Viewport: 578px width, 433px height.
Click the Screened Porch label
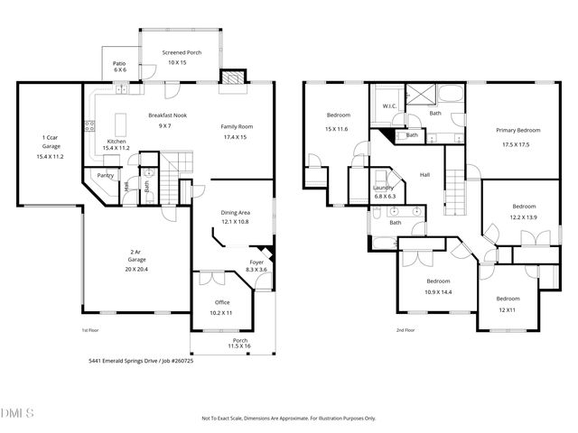(x=182, y=53)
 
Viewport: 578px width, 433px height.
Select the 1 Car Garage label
(x=51, y=137)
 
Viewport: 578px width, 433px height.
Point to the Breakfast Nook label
(x=165, y=115)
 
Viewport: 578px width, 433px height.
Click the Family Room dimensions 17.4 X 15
(x=238, y=137)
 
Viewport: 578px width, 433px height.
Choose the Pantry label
(x=106, y=177)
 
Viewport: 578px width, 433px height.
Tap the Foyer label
(x=256, y=262)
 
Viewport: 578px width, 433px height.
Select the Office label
(x=222, y=302)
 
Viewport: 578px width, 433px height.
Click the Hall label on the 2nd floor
(x=424, y=175)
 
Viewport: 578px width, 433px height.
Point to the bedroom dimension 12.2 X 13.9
(x=525, y=216)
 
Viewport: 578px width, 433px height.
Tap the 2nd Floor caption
(x=406, y=330)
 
